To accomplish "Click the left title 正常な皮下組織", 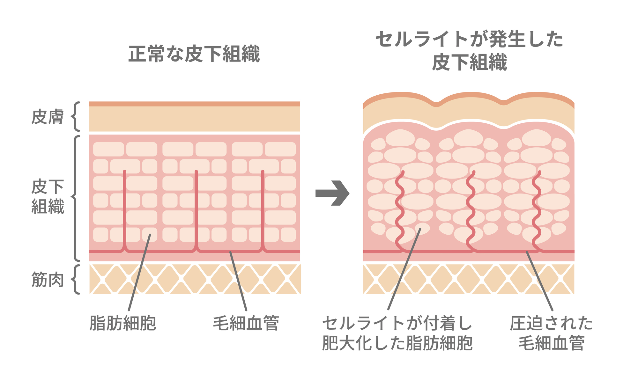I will [194, 54].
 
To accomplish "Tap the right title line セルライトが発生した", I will [470, 40].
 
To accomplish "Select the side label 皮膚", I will [48, 117].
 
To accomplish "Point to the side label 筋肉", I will [48, 280].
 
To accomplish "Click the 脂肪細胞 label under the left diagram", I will [123, 323].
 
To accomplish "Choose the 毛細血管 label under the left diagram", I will [246, 323].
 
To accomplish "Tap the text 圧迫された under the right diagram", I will [551, 323].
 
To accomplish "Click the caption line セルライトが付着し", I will [397, 323].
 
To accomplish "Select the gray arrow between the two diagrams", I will [332, 193].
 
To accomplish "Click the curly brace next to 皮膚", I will [76, 117].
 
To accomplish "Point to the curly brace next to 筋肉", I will [76, 280].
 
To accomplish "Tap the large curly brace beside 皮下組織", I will [76, 198].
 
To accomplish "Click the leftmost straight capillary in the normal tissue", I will [125, 207].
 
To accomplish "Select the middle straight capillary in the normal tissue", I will [196, 207].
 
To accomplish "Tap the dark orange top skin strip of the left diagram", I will [194, 104].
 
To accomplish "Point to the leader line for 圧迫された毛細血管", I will [539, 281].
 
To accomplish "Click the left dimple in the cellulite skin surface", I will [436, 103].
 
